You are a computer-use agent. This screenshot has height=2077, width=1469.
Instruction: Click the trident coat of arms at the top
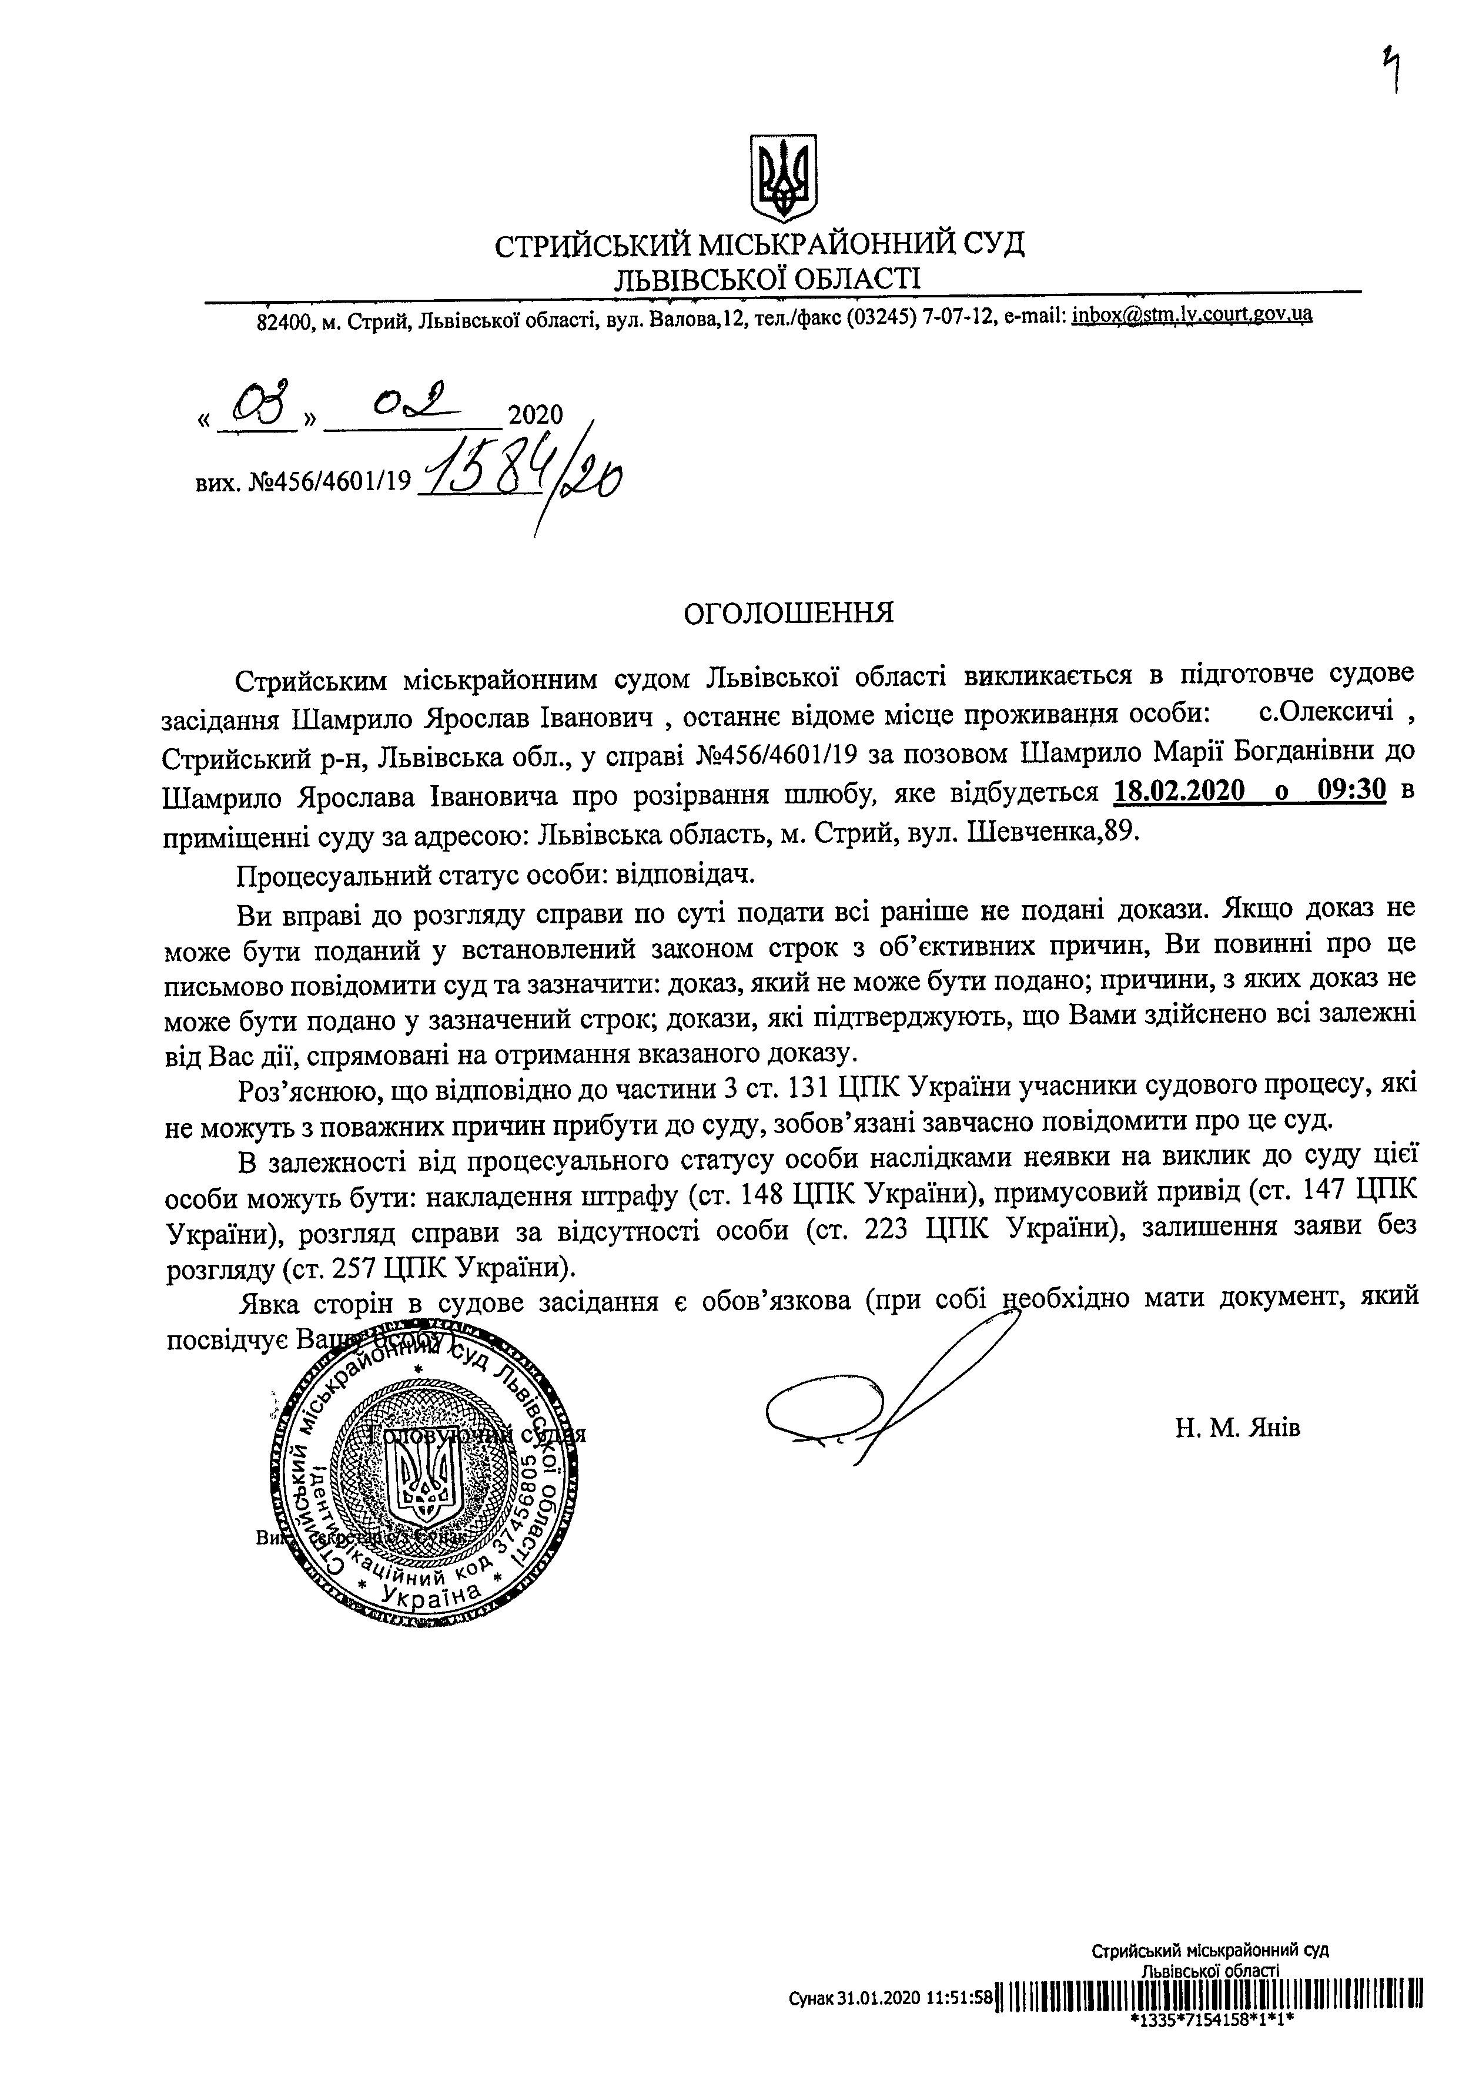pos(784,178)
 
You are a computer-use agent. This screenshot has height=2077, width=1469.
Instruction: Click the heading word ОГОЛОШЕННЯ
pos(788,612)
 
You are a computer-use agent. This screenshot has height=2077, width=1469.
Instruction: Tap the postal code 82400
pos(282,321)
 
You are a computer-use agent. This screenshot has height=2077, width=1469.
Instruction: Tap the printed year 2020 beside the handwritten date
pos(536,415)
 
